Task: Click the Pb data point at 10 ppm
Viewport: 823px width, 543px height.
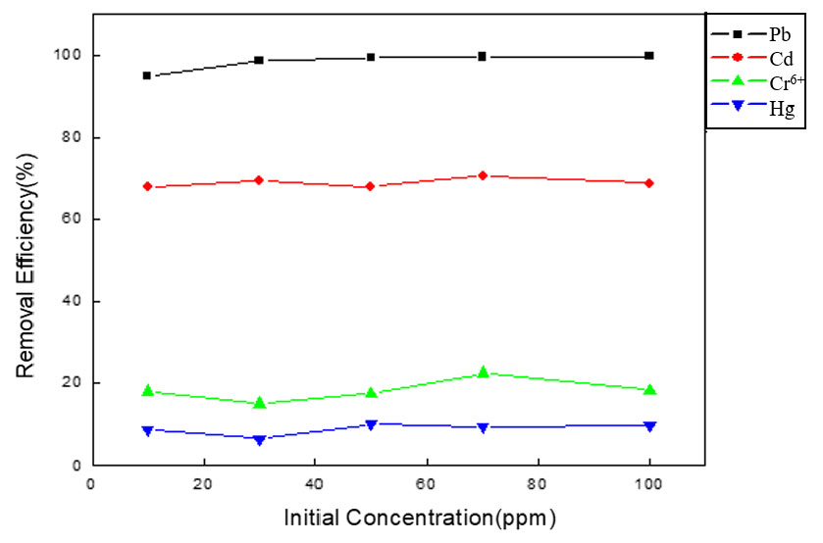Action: pyautogui.click(x=147, y=75)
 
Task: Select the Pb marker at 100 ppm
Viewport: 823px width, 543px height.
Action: pyautogui.click(x=649, y=56)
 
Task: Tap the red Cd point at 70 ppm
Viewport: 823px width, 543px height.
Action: pyautogui.click(x=483, y=175)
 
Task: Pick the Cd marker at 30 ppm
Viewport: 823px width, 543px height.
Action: pyautogui.click(x=259, y=180)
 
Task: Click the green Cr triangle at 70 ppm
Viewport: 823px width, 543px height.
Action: pyautogui.click(x=483, y=372)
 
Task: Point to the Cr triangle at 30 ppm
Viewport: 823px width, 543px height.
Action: pyautogui.click(x=259, y=402)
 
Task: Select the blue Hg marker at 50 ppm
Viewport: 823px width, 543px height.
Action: pyautogui.click(x=371, y=424)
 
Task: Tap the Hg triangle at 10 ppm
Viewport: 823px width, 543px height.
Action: pyautogui.click(x=147, y=430)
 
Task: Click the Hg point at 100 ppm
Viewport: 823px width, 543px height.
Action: pyautogui.click(x=649, y=425)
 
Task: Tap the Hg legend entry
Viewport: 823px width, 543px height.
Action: pyautogui.click(x=781, y=108)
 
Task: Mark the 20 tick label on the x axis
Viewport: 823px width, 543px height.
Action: pyautogui.click(x=203, y=483)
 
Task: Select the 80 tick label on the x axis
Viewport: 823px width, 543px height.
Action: pyautogui.click(x=538, y=483)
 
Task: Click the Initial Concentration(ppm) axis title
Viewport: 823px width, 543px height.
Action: pyautogui.click(x=421, y=517)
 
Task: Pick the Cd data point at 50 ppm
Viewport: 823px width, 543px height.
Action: pyautogui.click(x=371, y=186)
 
